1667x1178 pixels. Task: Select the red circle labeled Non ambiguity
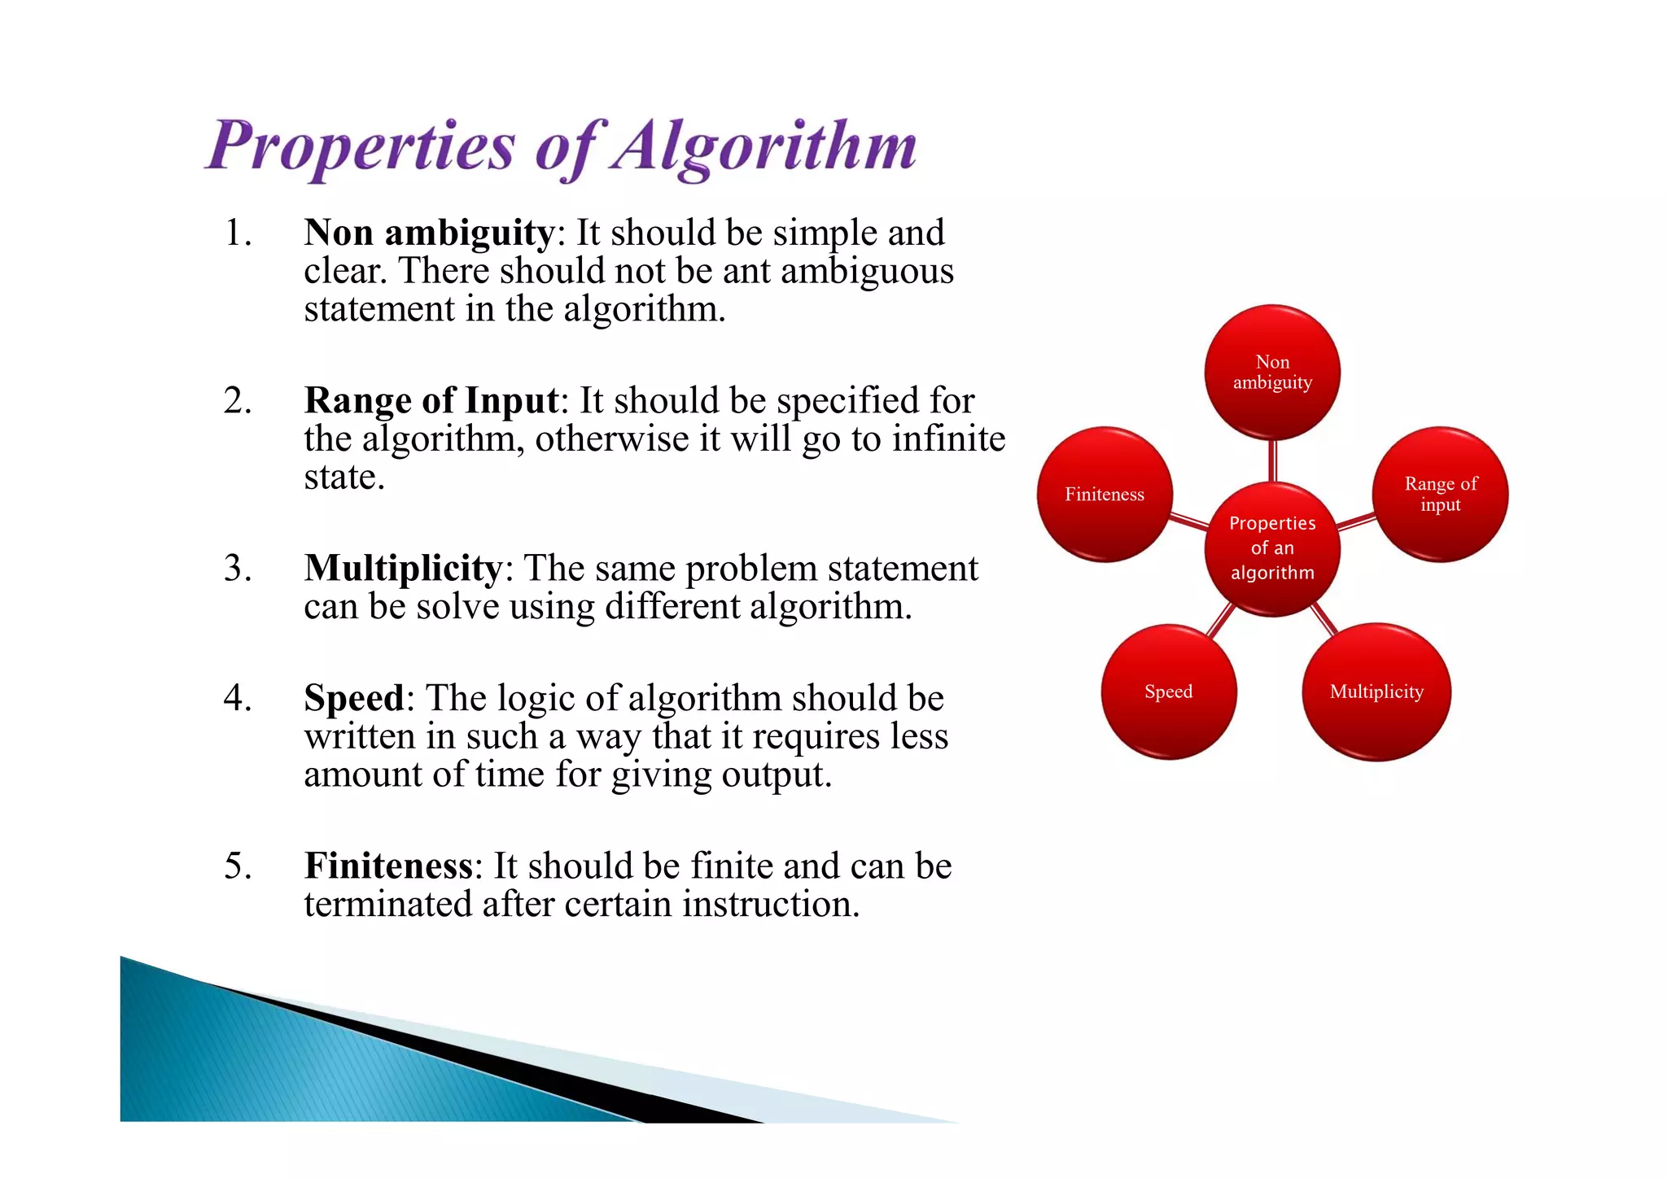point(1272,373)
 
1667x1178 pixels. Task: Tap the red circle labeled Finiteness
point(1105,495)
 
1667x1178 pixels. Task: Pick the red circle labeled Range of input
point(1440,495)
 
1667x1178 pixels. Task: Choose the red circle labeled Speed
point(1169,692)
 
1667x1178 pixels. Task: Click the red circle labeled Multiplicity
point(1376,692)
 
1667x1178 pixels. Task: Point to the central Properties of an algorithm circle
point(1272,548)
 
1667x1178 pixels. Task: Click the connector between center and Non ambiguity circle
point(1272,460)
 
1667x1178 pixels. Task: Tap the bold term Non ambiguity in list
point(429,233)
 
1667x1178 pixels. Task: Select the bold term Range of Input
point(431,401)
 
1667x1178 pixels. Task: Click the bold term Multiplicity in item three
point(403,569)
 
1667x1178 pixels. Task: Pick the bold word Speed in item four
point(354,698)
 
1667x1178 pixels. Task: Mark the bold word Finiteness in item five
point(388,866)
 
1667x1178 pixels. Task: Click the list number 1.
point(237,233)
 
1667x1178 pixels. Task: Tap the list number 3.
point(237,569)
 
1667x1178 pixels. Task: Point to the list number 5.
point(237,866)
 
